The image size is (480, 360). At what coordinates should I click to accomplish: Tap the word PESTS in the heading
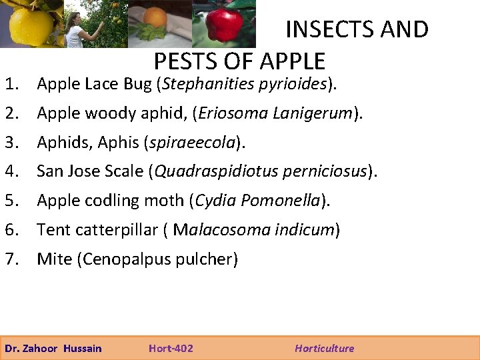(x=185, y=61)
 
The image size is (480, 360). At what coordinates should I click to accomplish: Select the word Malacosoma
(x=215, y=230)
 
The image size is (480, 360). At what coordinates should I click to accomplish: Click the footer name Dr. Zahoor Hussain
(x=53, y=348)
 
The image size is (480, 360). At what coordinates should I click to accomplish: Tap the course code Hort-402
(x=171, y=348)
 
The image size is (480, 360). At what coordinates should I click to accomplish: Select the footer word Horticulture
(x=325, y=348)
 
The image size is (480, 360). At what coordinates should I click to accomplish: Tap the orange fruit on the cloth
(x=155, y=18)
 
